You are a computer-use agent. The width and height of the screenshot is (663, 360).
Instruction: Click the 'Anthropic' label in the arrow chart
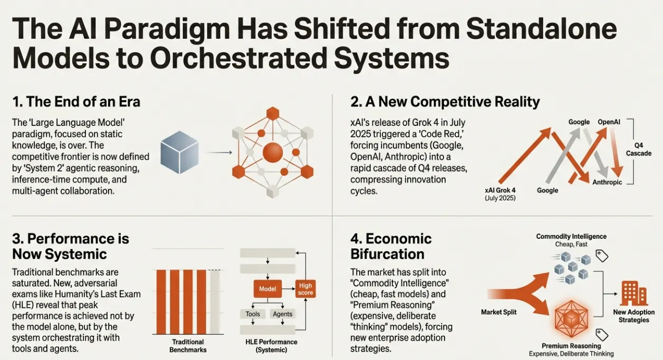(x=607, y=182)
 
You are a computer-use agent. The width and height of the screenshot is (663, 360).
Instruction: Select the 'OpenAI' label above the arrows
(x=609, y=122)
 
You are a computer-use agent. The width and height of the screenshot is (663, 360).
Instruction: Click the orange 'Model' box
(x=267, y=288)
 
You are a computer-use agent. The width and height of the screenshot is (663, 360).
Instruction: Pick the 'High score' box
(x=305, y=289)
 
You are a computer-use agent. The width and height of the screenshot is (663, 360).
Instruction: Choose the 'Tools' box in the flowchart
(x=253, y=314)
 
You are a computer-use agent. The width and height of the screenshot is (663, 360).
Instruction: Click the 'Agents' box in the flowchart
(x=282, y=314)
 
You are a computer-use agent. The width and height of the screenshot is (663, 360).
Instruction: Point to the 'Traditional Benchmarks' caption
(x=189, y=346)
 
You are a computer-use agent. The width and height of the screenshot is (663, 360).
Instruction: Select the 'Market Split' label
(x=499, y=312)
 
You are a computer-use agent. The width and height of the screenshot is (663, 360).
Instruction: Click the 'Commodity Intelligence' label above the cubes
(x=571, y=237)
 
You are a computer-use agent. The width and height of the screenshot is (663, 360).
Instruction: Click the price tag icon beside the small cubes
(x=602, y=256)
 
